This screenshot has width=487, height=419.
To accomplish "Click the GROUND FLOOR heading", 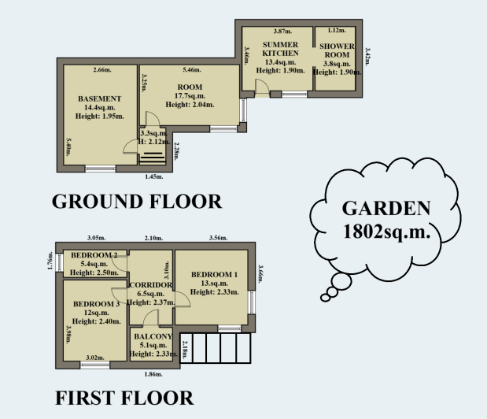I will [137, 202].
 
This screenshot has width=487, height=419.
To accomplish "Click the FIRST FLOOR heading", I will [124, 398].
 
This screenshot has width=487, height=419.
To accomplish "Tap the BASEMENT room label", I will [98, 98].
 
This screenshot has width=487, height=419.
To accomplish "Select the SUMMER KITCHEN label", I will [280, 48].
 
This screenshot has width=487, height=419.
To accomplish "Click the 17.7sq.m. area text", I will [190, 96].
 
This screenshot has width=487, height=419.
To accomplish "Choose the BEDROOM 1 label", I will [213, 274].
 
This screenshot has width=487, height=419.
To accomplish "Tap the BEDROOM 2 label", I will [94, 255].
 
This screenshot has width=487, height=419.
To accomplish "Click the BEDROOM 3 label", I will [96, 304].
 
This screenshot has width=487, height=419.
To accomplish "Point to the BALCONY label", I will [152, 337].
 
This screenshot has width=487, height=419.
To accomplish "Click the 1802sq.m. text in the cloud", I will [386, 232].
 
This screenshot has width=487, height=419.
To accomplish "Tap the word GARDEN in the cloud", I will [386, 209].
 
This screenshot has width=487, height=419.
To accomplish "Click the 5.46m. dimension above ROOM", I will [193, 71].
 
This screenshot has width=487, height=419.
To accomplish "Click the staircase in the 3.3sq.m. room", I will [149, 157].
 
